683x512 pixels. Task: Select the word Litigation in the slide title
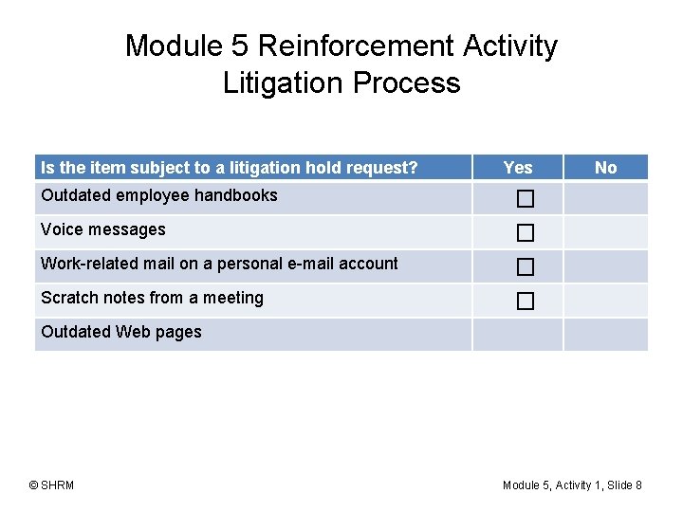coord(284,83)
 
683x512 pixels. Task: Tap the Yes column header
coord(518,168)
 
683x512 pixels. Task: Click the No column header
coord(605,168)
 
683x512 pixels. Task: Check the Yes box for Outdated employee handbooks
coord(526,199)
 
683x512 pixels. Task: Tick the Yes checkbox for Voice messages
coord(526,233)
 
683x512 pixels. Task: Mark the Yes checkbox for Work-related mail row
coord(526,267)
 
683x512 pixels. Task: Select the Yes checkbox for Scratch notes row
coord(526,302)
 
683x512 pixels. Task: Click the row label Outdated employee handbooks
coord(159,195)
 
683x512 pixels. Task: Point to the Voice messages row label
coord(103,229)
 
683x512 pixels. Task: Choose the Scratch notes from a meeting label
coord(152,298)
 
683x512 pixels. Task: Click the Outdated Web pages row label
coord(121,332)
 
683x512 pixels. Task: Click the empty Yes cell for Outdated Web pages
coord(518,335)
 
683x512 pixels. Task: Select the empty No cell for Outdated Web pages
coord(605,335)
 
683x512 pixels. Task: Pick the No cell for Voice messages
coord(605,232)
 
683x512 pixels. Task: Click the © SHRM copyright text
coord(51,485)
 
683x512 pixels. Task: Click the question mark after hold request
coord(413,168)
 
